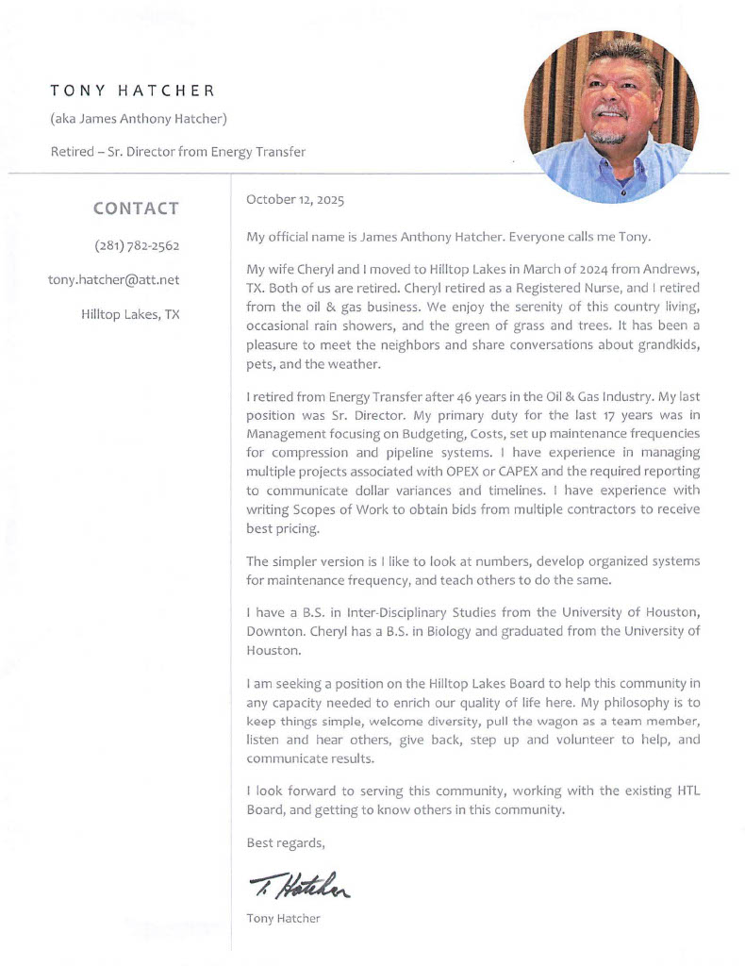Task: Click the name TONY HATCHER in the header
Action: click(x=132, y=92)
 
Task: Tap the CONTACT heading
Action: click(x=136, y=208)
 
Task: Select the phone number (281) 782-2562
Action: click(x=137, y=245)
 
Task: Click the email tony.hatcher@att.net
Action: click(x=113, y=279)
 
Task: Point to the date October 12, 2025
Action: click(x=295, y=200)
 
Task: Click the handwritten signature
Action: click(x=299, y=884)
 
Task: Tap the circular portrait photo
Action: click(x=611, y=115)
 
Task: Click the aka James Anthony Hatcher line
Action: click(x=138, y=119)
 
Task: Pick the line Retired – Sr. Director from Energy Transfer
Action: click(x=177, y=151)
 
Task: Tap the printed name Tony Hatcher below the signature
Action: click(x=283, y=918)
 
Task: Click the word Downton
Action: click(x=273, y=630)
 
